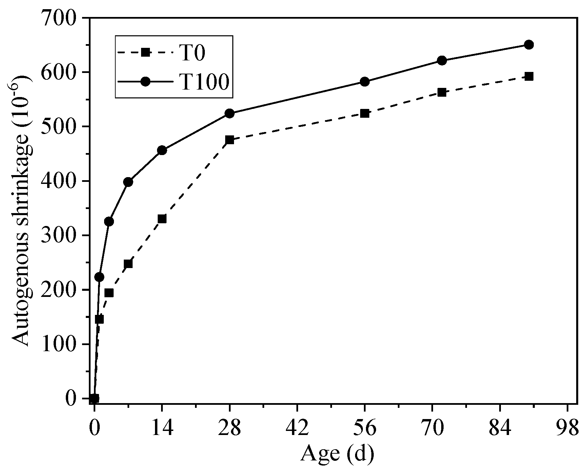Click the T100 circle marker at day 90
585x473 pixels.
tap(529, 45)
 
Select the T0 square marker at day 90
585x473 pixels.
tap(529, 76)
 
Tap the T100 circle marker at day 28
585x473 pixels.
tap(230, 113)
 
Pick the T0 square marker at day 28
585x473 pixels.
tap(230, 140)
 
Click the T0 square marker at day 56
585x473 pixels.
tap(365, 113)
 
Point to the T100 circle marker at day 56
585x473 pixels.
tap(365, 82)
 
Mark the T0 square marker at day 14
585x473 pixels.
tap(162, 219)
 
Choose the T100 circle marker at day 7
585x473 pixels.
tap(128, 182)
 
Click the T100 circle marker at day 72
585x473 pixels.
tap(442, 61)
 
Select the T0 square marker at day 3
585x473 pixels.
tap(109, 293)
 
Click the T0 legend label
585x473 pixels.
tap(192, 53)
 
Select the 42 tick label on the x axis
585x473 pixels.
tap(297, 429)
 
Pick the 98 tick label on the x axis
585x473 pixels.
tap(567, 429)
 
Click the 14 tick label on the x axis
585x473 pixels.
tap(162, 429)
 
